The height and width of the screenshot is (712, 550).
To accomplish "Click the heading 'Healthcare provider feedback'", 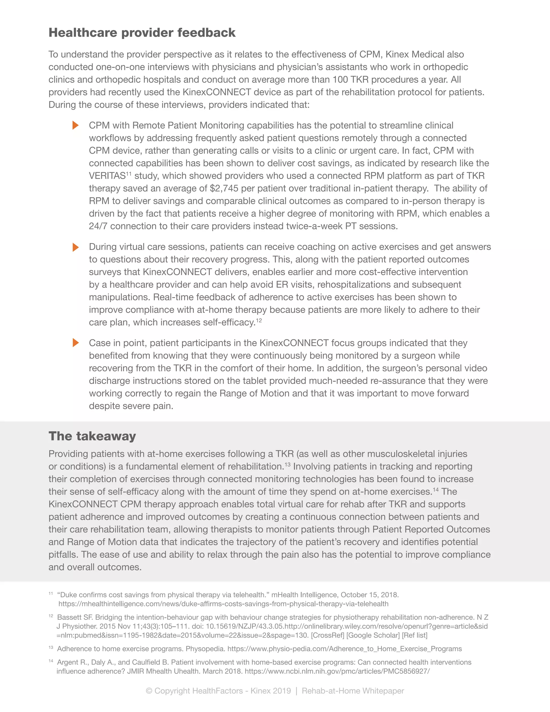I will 142,33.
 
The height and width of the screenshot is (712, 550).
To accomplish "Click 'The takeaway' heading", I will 92,436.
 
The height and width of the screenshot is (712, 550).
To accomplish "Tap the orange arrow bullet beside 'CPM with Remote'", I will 75,125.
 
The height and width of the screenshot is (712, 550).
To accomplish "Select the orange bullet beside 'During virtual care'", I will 75,247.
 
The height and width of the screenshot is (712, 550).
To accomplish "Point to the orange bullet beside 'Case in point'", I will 75,343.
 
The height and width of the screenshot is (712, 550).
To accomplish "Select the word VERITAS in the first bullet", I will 107,176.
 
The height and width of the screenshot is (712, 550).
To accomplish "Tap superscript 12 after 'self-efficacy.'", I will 259,321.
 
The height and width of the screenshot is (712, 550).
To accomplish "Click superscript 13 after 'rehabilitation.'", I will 287,465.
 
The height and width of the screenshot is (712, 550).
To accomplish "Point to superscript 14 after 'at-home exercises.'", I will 436,490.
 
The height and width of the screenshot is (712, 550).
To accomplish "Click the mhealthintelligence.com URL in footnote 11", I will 223,604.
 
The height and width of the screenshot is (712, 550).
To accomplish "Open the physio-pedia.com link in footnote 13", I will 344,649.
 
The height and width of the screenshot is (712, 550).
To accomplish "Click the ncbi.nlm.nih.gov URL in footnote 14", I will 337,671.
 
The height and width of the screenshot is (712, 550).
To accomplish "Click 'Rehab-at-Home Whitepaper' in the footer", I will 353,691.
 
